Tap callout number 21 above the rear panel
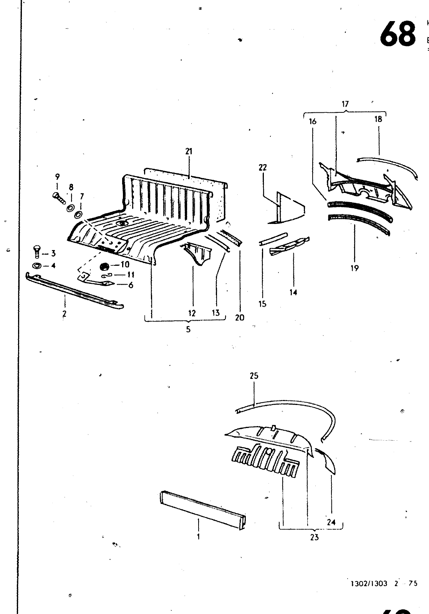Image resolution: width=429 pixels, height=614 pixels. click(189, 151)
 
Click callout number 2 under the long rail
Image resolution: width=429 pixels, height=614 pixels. click(65, 314)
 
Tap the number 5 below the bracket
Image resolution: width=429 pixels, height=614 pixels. click(188, 329)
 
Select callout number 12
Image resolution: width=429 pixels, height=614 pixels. click(192, 313)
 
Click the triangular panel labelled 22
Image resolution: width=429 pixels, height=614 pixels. click(288, 207)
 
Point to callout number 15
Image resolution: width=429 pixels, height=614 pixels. click(263, 304)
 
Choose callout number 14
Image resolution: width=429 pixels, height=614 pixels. click(293, 292)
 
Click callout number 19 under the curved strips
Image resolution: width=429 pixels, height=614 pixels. click(354, 268)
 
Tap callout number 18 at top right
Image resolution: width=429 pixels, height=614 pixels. click(378, 119)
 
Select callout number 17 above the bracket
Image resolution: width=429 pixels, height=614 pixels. click(345, 104)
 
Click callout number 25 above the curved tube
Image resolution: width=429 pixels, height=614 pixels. click(254, 376)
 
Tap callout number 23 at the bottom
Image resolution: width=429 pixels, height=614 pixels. click(314, 537)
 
